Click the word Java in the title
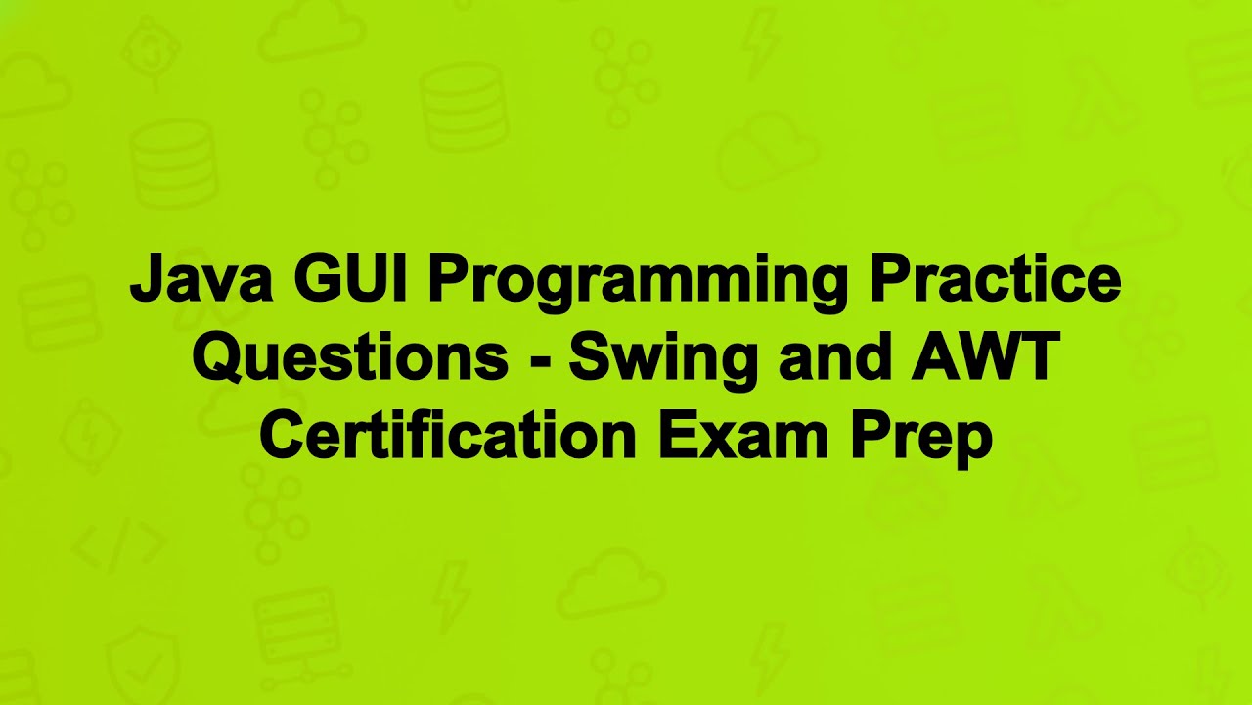coord(201,280)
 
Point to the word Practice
coord(995,280)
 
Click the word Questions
coord(349,358)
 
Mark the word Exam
coord(744,437)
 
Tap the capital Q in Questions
coord(216,358)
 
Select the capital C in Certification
coord(282,437)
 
